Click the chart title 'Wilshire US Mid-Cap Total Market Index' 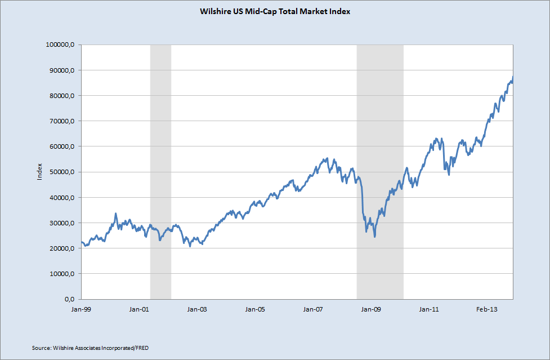pos(275,12)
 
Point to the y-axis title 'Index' pos(39,172)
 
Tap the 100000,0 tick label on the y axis pos(60,45)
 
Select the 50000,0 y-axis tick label pos(61,172)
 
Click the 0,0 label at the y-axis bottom pos(69,299)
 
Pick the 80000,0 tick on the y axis pos(61,95)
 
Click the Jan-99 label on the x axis pos(81,309)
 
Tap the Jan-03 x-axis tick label pos(197,309)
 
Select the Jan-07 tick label pos(313,309)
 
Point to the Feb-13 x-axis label pos(487,309)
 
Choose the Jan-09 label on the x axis pos(371,309)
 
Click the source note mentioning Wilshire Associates pos(90,348)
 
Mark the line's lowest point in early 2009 pos(374,237)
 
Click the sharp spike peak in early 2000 pos(116,214)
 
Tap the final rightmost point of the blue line pos(513,77)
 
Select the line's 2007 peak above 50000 pos(327,158)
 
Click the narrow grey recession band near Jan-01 pos(160,172)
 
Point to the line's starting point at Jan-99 pos(82,242)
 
